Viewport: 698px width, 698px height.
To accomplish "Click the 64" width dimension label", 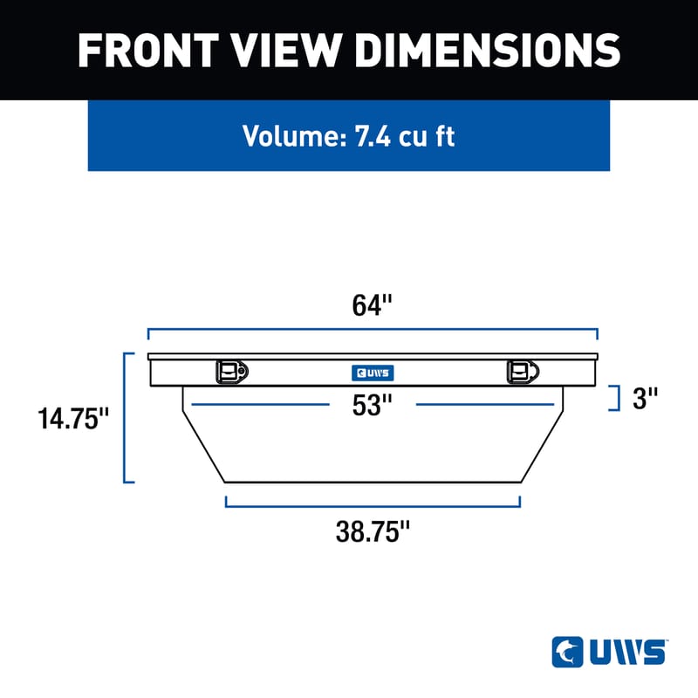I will point(373,306).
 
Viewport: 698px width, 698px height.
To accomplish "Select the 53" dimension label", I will point(373,405).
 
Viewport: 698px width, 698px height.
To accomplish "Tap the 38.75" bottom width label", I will point(373,532).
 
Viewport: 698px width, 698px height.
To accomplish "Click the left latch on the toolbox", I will point(231,372).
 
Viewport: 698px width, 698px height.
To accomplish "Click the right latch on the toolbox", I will point(521,372).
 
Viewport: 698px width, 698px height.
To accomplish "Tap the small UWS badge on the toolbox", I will point(373,373).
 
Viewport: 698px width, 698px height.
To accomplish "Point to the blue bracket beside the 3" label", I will point(617,398).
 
